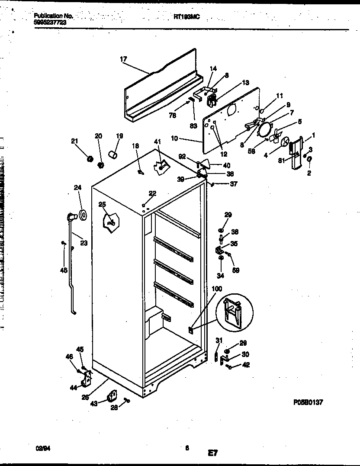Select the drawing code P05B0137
[308, 402]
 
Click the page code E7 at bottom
[212, 453]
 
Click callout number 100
[217, 289]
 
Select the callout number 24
[77, 188]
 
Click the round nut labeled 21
[90, 159]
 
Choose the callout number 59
[236, 270]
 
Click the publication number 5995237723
[50, 22]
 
